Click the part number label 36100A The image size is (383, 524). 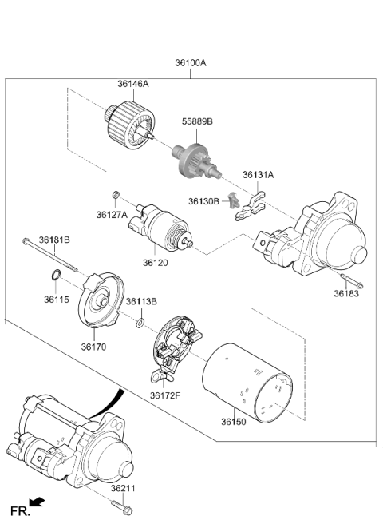tap(191, 63)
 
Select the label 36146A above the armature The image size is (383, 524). tap(133, 84)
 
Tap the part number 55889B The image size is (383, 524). tap(197, 121)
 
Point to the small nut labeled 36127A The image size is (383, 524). tap(116, 194)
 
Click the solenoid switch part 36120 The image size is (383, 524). tap(160, 226)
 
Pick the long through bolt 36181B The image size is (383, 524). tap(50, 255)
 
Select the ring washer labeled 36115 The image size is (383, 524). tap(56, 275)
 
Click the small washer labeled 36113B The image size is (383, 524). tap(140, 324)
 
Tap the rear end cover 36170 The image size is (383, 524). tap(101, 300)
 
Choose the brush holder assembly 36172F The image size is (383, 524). tap(174, 347)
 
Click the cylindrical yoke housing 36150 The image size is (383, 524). tap(247, 383)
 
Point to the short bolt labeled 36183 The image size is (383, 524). tap(352, 280)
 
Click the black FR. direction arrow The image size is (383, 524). tap(37, 502)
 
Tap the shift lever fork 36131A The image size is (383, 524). tap(251, 207)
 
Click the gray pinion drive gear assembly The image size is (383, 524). tap(197, 161)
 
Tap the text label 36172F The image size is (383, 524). tap(165, 395)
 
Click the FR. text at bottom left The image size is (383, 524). tap(20, 511)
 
